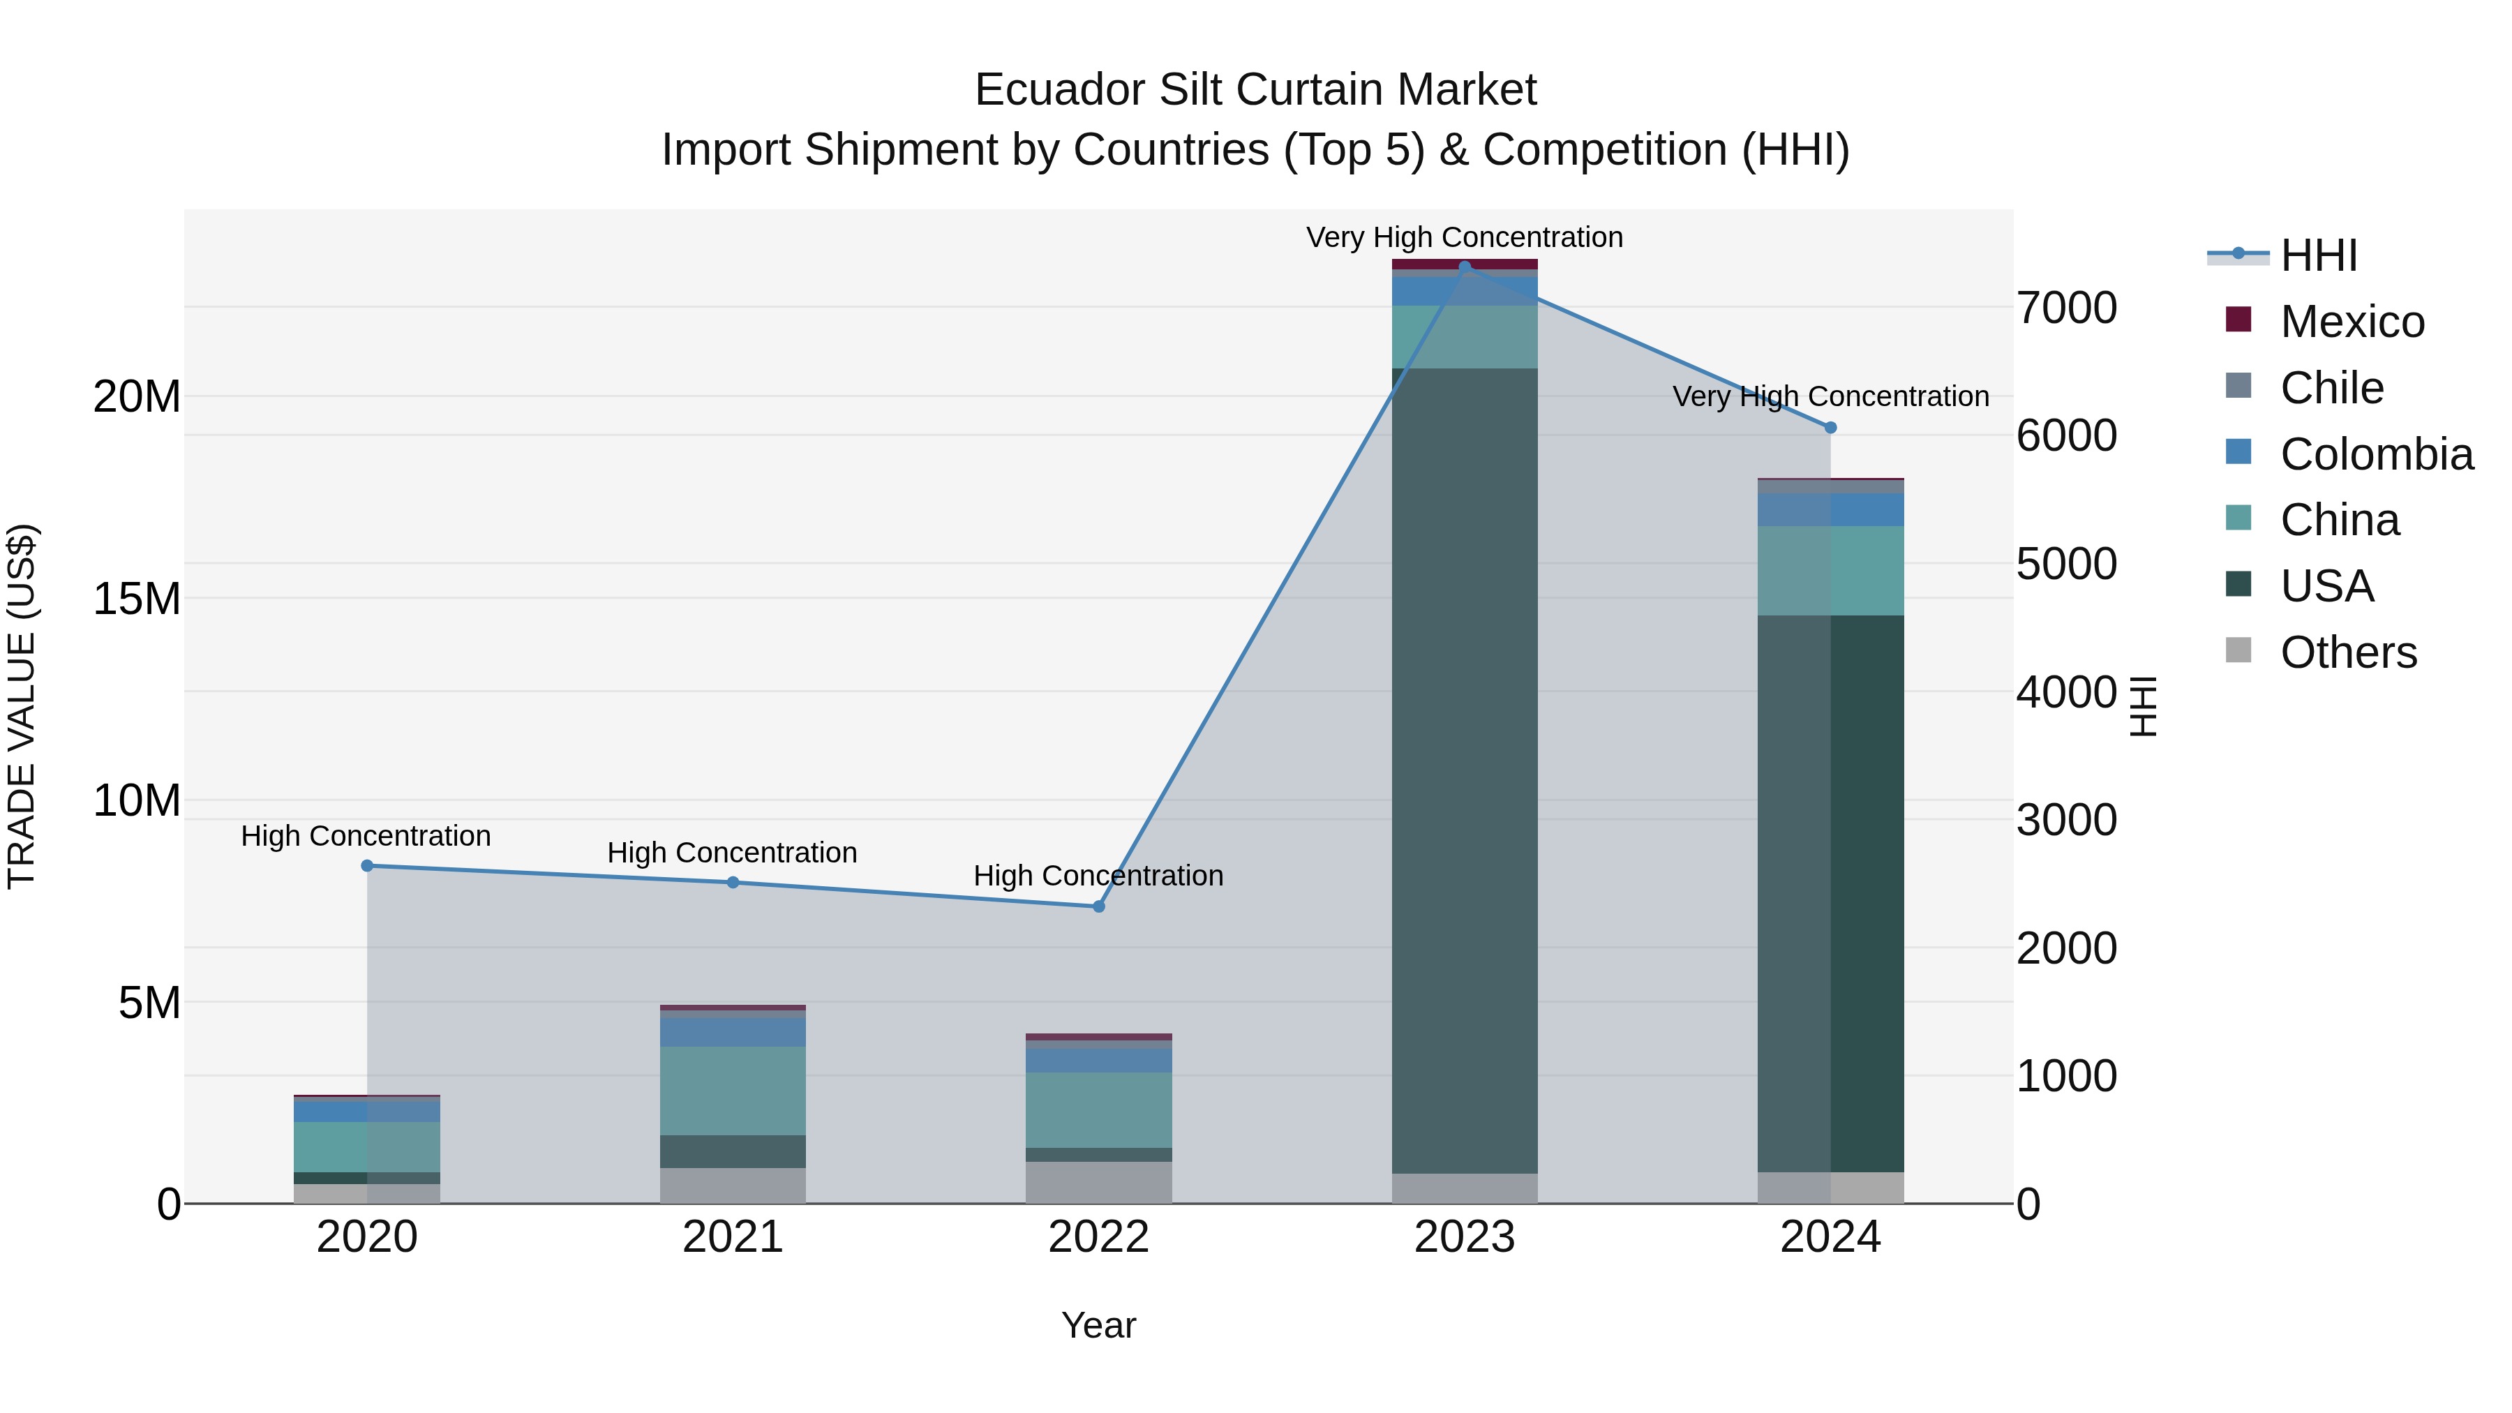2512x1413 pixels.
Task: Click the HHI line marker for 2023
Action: point(1464,267)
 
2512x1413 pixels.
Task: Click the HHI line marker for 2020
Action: point(366,866)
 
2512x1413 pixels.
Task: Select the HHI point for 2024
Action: point(1830,427)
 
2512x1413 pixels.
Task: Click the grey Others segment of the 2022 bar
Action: point(1098,1182)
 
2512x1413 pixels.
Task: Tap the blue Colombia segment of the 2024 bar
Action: point(1830,510)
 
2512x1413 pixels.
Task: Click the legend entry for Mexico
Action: point(2351,322)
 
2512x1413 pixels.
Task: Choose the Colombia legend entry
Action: point(2375,454)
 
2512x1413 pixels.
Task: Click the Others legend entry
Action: point(2347,652)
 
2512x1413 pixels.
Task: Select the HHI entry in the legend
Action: point(2318,255)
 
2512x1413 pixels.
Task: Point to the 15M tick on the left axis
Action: point(137,599)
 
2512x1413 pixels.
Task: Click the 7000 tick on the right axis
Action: point(2066,308)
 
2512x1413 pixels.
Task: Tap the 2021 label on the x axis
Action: point(733,1237)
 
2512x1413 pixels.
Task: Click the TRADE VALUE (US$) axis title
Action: point(22,706)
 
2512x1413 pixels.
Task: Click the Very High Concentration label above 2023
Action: point(1464,237)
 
